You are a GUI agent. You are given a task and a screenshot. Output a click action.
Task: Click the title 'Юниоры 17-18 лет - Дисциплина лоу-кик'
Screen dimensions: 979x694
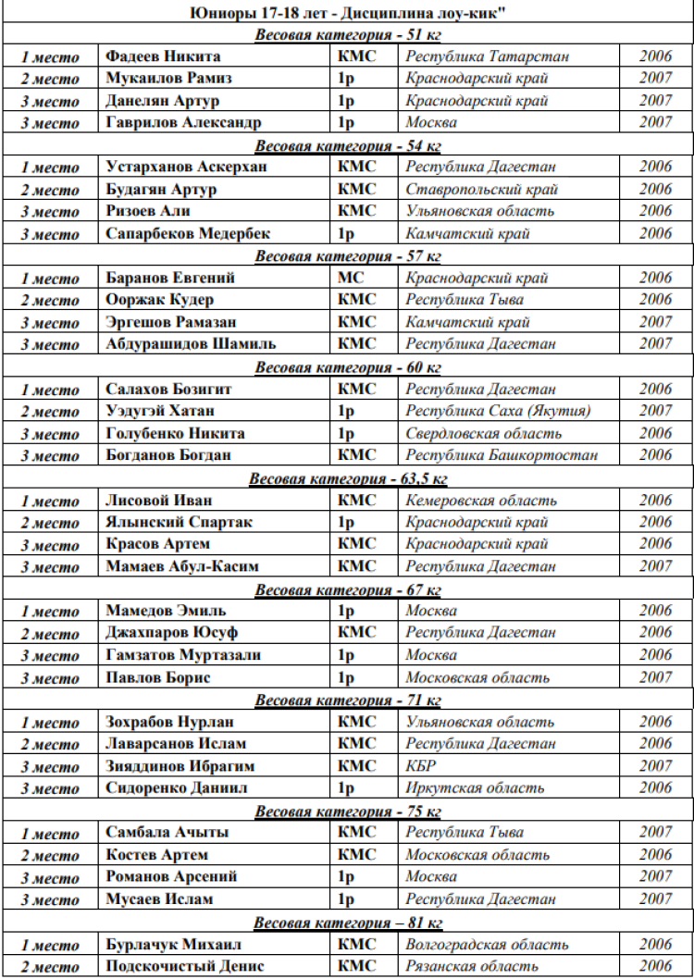click(346, 12)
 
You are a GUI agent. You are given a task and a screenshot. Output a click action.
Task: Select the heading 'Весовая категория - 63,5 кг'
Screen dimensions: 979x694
click(347, 478)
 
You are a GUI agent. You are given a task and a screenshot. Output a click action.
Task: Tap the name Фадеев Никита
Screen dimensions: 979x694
click(163, 56)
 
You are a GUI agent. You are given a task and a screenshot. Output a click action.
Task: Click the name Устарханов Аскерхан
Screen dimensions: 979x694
click(186, 167)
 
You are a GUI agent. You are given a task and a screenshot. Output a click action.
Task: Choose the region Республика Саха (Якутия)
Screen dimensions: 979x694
click(498, 411)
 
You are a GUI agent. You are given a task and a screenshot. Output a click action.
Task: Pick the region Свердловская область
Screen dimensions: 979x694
click(483, 433)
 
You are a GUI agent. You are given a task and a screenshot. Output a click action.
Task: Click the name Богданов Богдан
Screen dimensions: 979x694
click(168, 455)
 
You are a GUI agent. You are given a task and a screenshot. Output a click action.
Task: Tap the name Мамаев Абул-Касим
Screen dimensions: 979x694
click(182, 566)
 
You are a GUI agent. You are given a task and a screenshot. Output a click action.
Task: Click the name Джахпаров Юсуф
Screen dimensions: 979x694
click(171, 633)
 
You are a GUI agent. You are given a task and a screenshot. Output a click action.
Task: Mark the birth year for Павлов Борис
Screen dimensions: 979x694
click(655, 677)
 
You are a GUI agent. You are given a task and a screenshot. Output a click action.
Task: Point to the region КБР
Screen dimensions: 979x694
click(420, 766)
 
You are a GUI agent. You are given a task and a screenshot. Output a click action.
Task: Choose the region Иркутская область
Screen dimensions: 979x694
click(475, 788)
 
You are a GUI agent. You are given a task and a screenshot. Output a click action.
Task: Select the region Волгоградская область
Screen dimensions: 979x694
click(487, 945)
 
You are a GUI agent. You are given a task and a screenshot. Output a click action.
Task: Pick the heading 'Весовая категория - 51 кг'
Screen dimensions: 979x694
click(347, 35)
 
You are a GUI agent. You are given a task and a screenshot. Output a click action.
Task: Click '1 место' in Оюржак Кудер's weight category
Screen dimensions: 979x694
click(51, 279)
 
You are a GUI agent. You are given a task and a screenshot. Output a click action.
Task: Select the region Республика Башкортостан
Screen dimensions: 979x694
click(502, 455)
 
